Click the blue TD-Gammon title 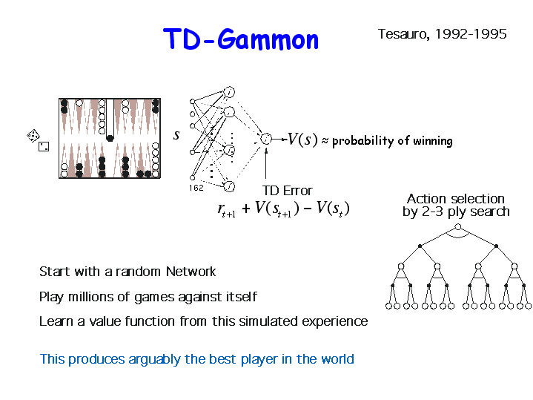[x=241, y=39]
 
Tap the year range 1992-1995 [x=471, y=34]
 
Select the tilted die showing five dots [x=33, y=136]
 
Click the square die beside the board [x=44, y=146]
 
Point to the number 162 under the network [x=196, y=188]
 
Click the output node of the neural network [x=266, y=139]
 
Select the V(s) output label [x=302, y=140]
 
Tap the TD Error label [x=287, y=191]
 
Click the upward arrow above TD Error [x=266, y=163]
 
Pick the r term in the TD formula [x=226, y=210]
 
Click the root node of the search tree [x=458, y=227]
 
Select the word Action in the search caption [x=426, y=198]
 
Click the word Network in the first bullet [x=191, y=272]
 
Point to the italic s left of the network [x=176, y=135]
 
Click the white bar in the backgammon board [x=110, y=117]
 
